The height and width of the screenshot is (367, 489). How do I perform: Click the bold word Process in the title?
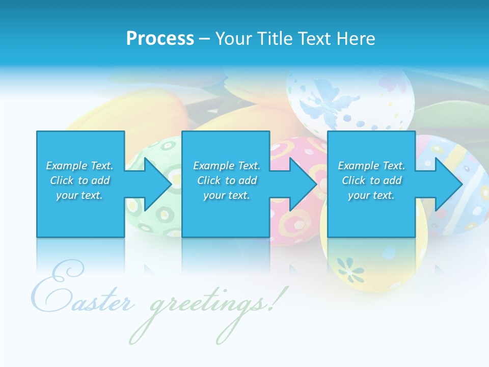click(x=160, y=39)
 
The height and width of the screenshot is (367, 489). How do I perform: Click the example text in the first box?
click(x=79, y=180)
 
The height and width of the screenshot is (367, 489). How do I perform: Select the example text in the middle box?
click(x=227, y=180)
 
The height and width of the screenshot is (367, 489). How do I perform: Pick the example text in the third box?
click(x=371, y=180)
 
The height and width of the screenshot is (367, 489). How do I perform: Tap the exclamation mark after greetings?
click(x=276, y=301)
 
